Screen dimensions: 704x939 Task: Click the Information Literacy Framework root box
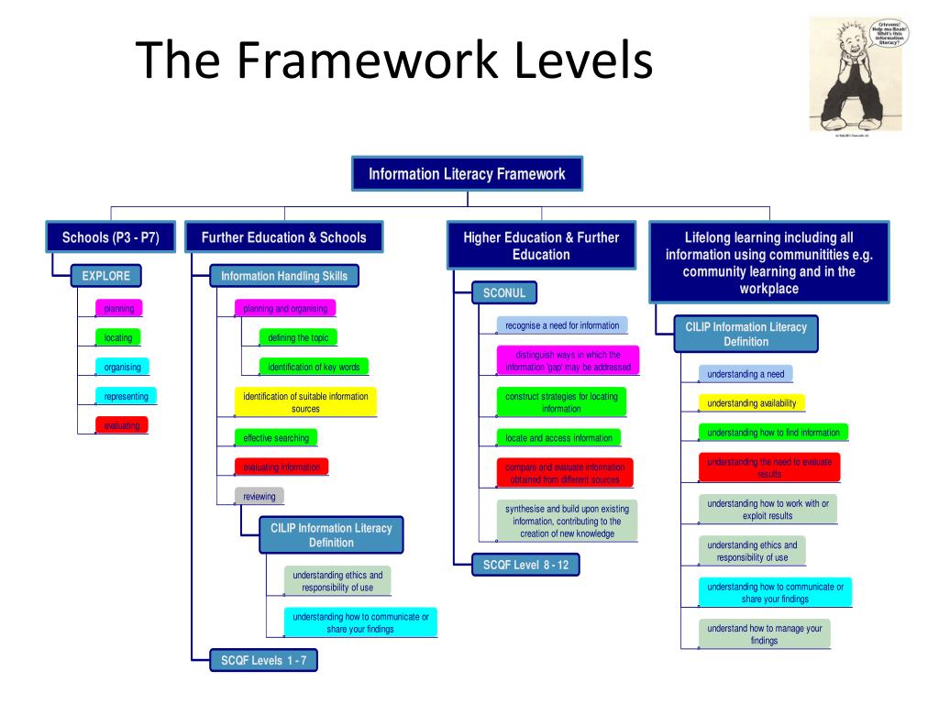point(467,173)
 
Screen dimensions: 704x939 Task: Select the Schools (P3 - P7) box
point(110,237)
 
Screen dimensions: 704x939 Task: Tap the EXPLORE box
point(106,275)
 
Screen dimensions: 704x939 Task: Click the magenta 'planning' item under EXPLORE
point(119,309)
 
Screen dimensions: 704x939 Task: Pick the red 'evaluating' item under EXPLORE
point(122,425)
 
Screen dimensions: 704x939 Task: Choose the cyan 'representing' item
point(126,396)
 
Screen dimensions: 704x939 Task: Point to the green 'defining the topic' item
point(298,337)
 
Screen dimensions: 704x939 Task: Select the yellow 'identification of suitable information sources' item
point(305,402)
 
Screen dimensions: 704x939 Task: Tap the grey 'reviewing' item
point(260,496)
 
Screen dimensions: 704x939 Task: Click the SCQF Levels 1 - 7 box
point(264,660)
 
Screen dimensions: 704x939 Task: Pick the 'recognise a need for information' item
point(562,325)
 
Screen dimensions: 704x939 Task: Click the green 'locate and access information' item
point(558,438)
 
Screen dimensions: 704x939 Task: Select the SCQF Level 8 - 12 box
point(525,565)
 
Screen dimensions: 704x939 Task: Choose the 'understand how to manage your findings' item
point(764,633)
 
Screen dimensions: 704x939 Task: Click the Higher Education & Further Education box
point(541,246)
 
